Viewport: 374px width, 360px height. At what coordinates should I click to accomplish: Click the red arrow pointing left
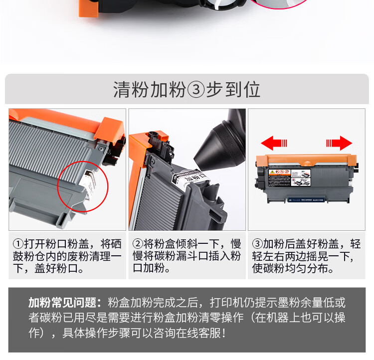click(x=274, y=144)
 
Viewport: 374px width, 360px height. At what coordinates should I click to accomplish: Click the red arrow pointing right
click(x=340, y=144)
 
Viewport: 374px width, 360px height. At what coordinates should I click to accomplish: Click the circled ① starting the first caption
click(x=18, y=244)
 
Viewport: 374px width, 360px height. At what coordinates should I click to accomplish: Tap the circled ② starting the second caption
click(x=138, y=244)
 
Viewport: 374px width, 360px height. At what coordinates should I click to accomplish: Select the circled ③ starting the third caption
click(x=258, y=244)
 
